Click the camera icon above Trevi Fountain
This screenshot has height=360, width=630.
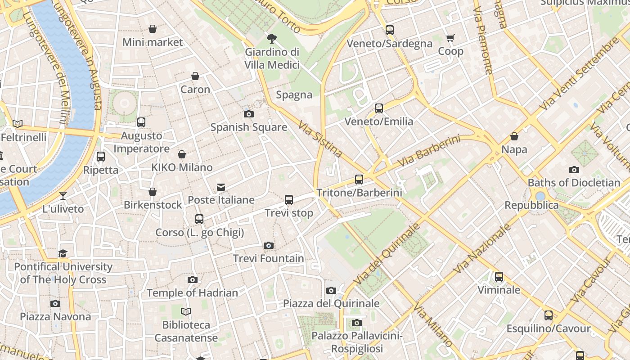(269, 245)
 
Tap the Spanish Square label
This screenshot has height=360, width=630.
(249, 127)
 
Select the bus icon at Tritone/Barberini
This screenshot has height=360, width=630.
(359, 180)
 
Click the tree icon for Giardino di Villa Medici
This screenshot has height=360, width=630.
(272, 39)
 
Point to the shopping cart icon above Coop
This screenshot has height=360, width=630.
(450, 38)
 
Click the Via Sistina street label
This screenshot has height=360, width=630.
(320, 139)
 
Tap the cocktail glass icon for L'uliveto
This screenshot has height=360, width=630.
(63, 196)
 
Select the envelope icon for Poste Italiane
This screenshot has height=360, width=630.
(221, 187)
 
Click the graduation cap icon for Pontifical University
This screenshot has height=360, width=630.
(63, 254)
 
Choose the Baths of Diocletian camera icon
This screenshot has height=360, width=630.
(574, 170)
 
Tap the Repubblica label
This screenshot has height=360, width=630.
(531, 205)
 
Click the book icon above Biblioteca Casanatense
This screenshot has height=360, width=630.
(186, 311)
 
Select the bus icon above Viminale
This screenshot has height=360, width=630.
(499, 277)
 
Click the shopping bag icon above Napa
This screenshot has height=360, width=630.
(514, 136)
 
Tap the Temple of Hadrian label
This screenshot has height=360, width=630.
(192, 293)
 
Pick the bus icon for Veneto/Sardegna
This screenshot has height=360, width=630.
(390, 31)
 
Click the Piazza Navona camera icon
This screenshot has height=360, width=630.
(55, 303)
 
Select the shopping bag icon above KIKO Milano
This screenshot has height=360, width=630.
(182, 155)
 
